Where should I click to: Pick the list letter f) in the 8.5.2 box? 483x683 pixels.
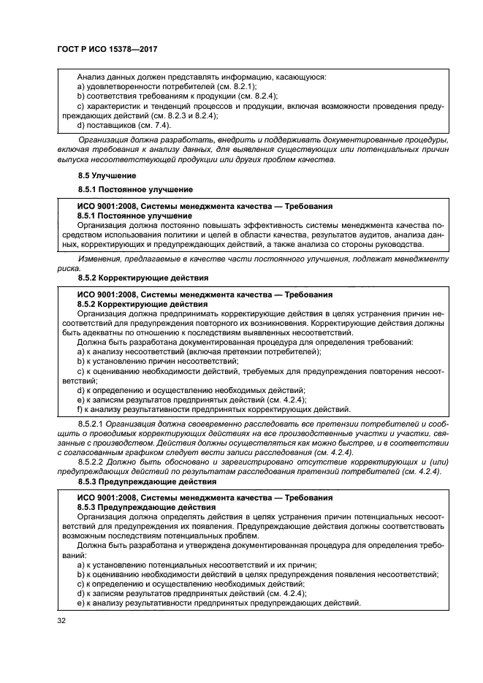pyautogui.click(x=80, y=409)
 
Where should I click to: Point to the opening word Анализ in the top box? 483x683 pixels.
pyautogui.click(x=91, y=77)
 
